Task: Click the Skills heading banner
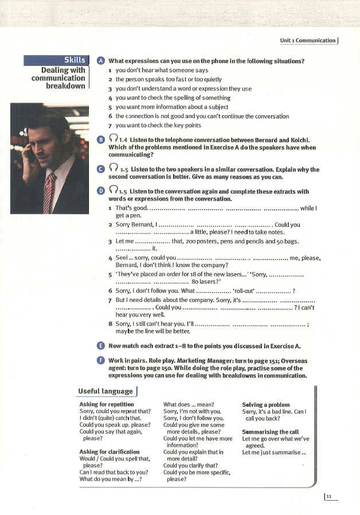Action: (x=56, y=60)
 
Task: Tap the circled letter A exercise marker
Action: (x=101, y=61)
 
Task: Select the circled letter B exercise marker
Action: (x=101, y=140)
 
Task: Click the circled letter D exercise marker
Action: (x=101, y=191)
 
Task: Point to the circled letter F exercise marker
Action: (x=101, y=360)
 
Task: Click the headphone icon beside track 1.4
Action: (x=112, y=139)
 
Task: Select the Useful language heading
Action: (x=105, y=391)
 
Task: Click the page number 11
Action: (x=329, y=497)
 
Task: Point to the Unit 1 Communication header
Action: (x=308, y=40)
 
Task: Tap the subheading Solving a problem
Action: (x=266, y=405)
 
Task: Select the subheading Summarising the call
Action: (x=271, y=432)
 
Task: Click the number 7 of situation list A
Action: (x=109, y=125)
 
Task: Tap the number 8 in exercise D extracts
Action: (x=109, y=324)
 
